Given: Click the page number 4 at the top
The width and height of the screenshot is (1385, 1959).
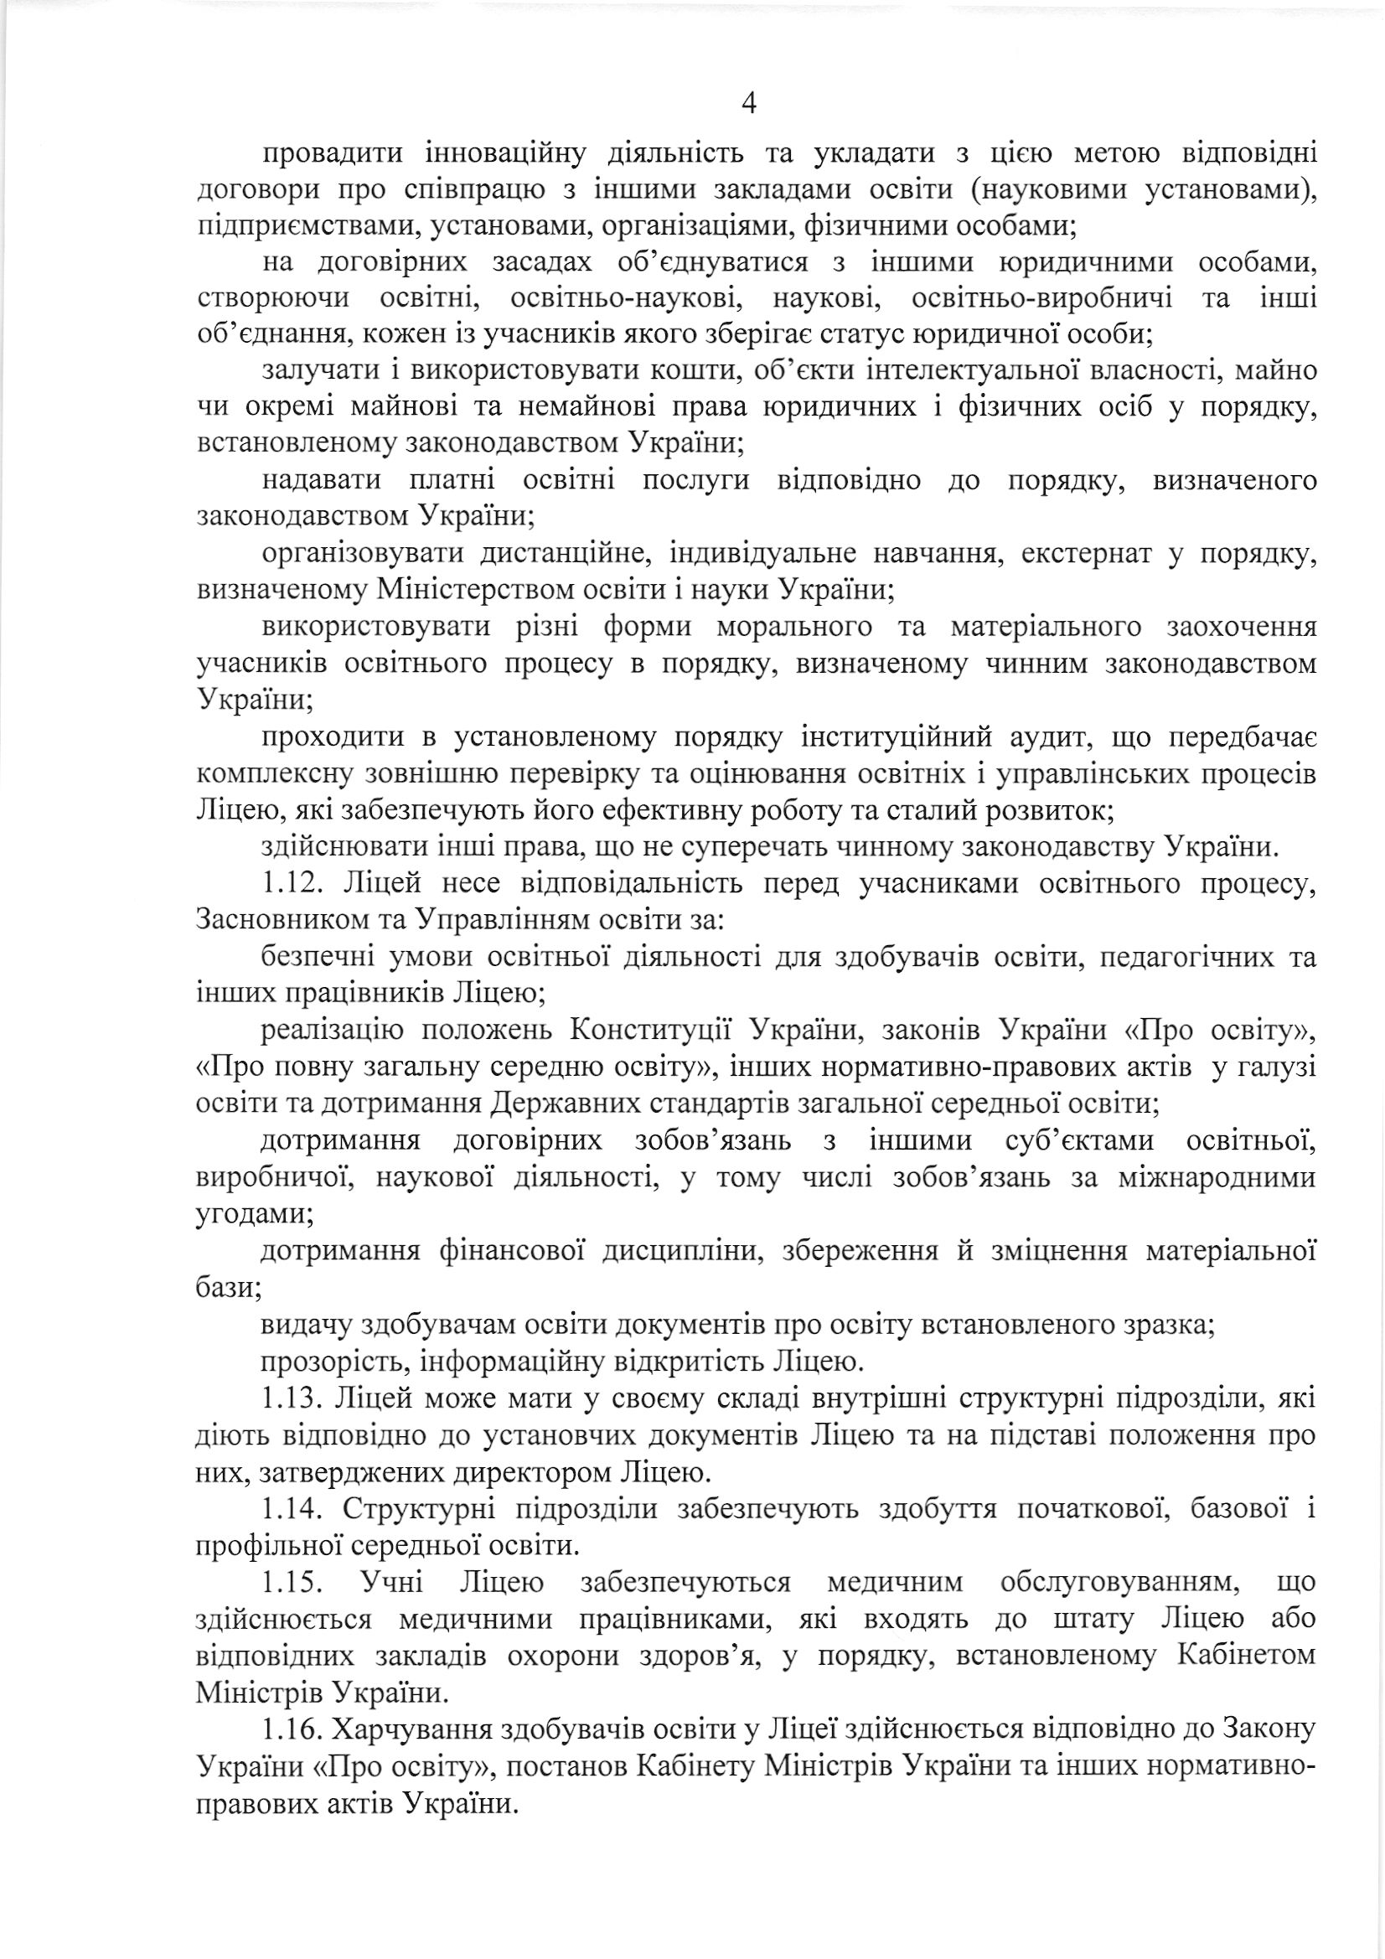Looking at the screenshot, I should click(749, 104).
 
